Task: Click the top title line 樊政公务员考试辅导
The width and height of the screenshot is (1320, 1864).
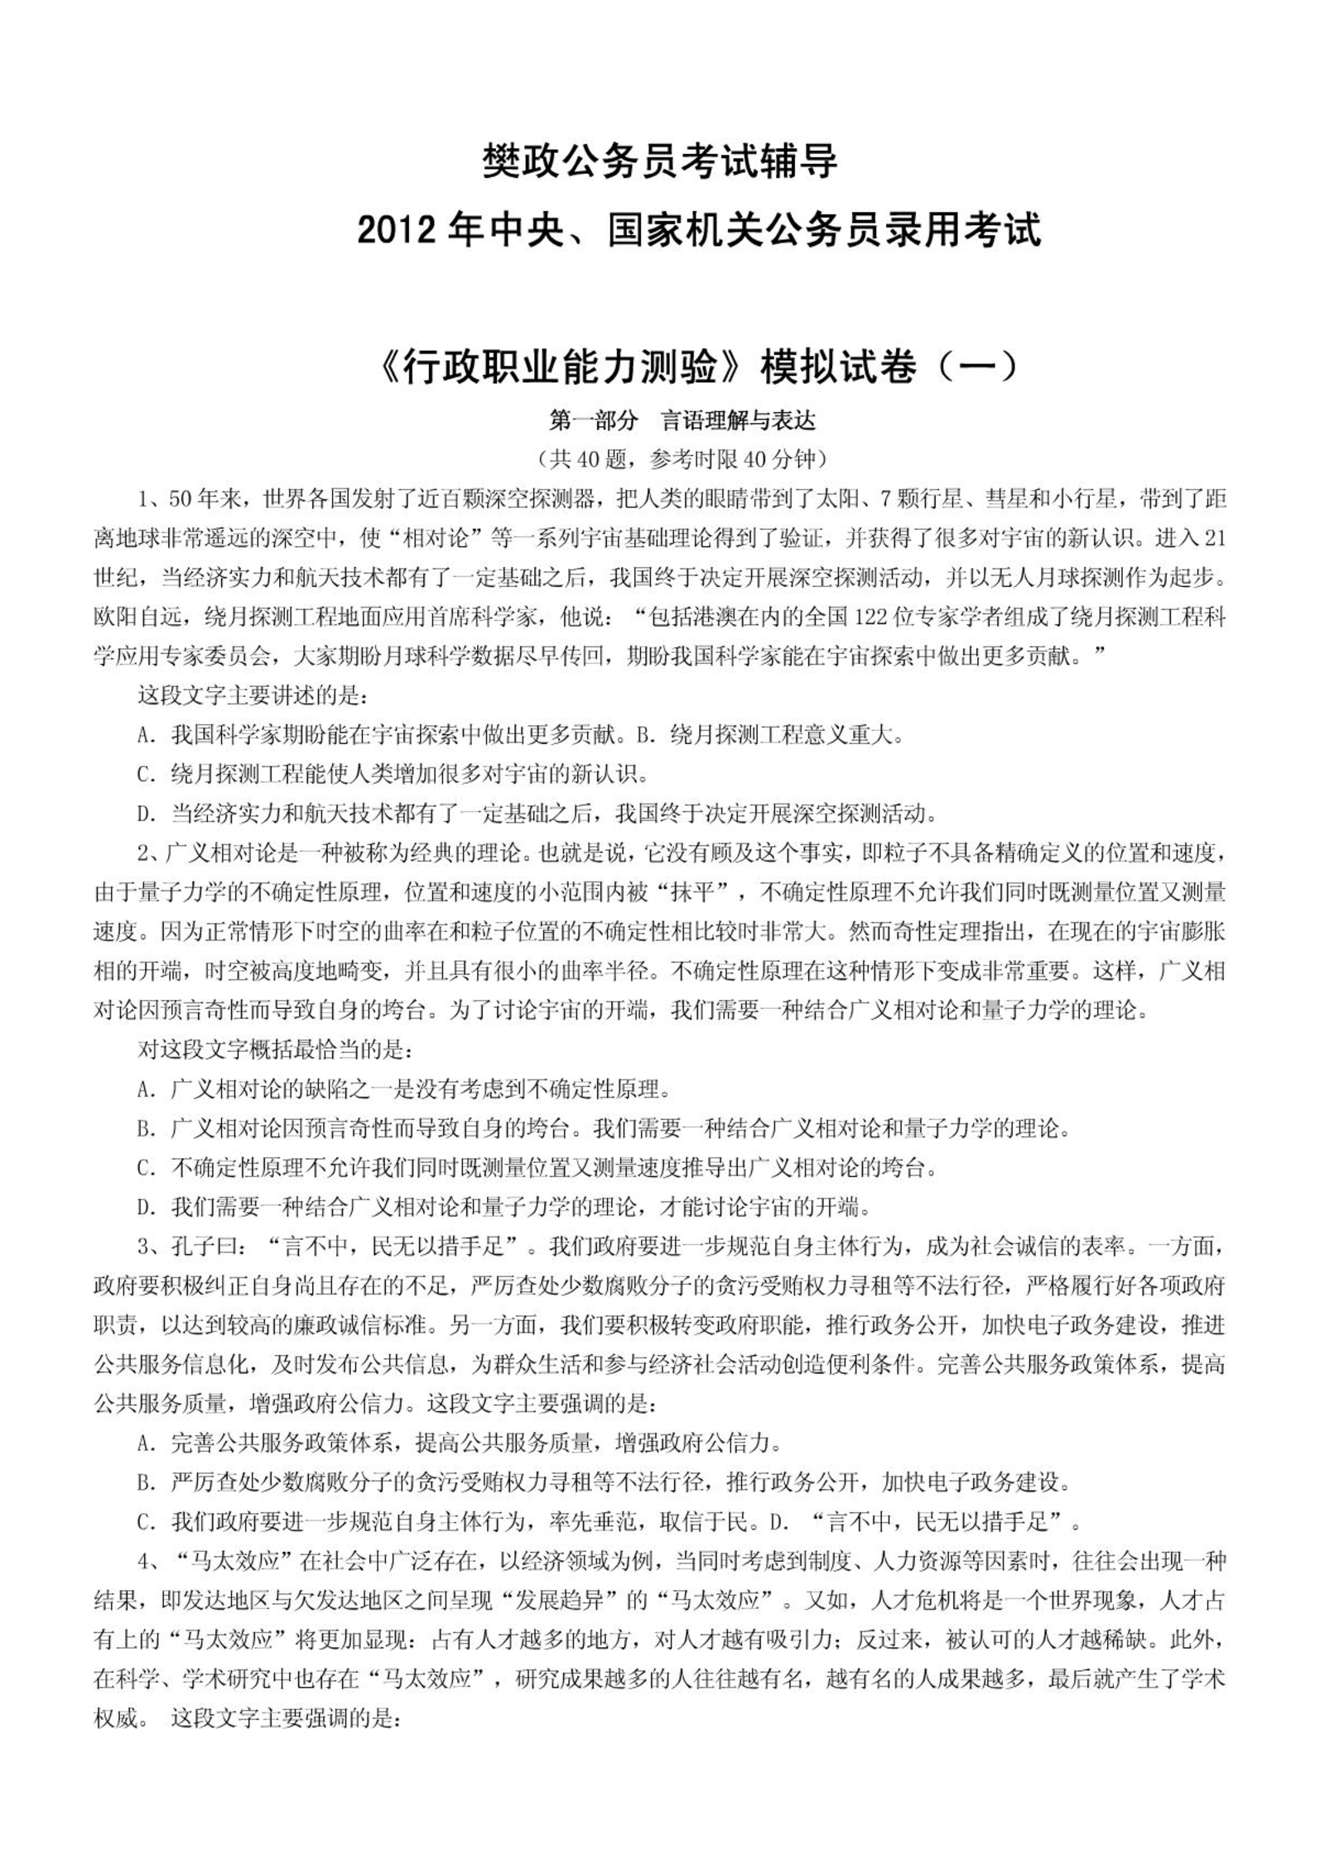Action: (x=660, y=161)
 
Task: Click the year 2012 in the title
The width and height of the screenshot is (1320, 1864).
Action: (x=392, y=230)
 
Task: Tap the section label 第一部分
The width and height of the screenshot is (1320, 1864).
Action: (x=594, y=420)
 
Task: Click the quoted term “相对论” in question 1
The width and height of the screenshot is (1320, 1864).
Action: (x=431, y=538)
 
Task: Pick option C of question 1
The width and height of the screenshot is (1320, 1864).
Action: (x=393, y=774)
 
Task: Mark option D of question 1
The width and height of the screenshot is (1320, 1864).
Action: (x=537, y=813)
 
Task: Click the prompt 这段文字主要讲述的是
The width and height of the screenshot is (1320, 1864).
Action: (x=251, y=695)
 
